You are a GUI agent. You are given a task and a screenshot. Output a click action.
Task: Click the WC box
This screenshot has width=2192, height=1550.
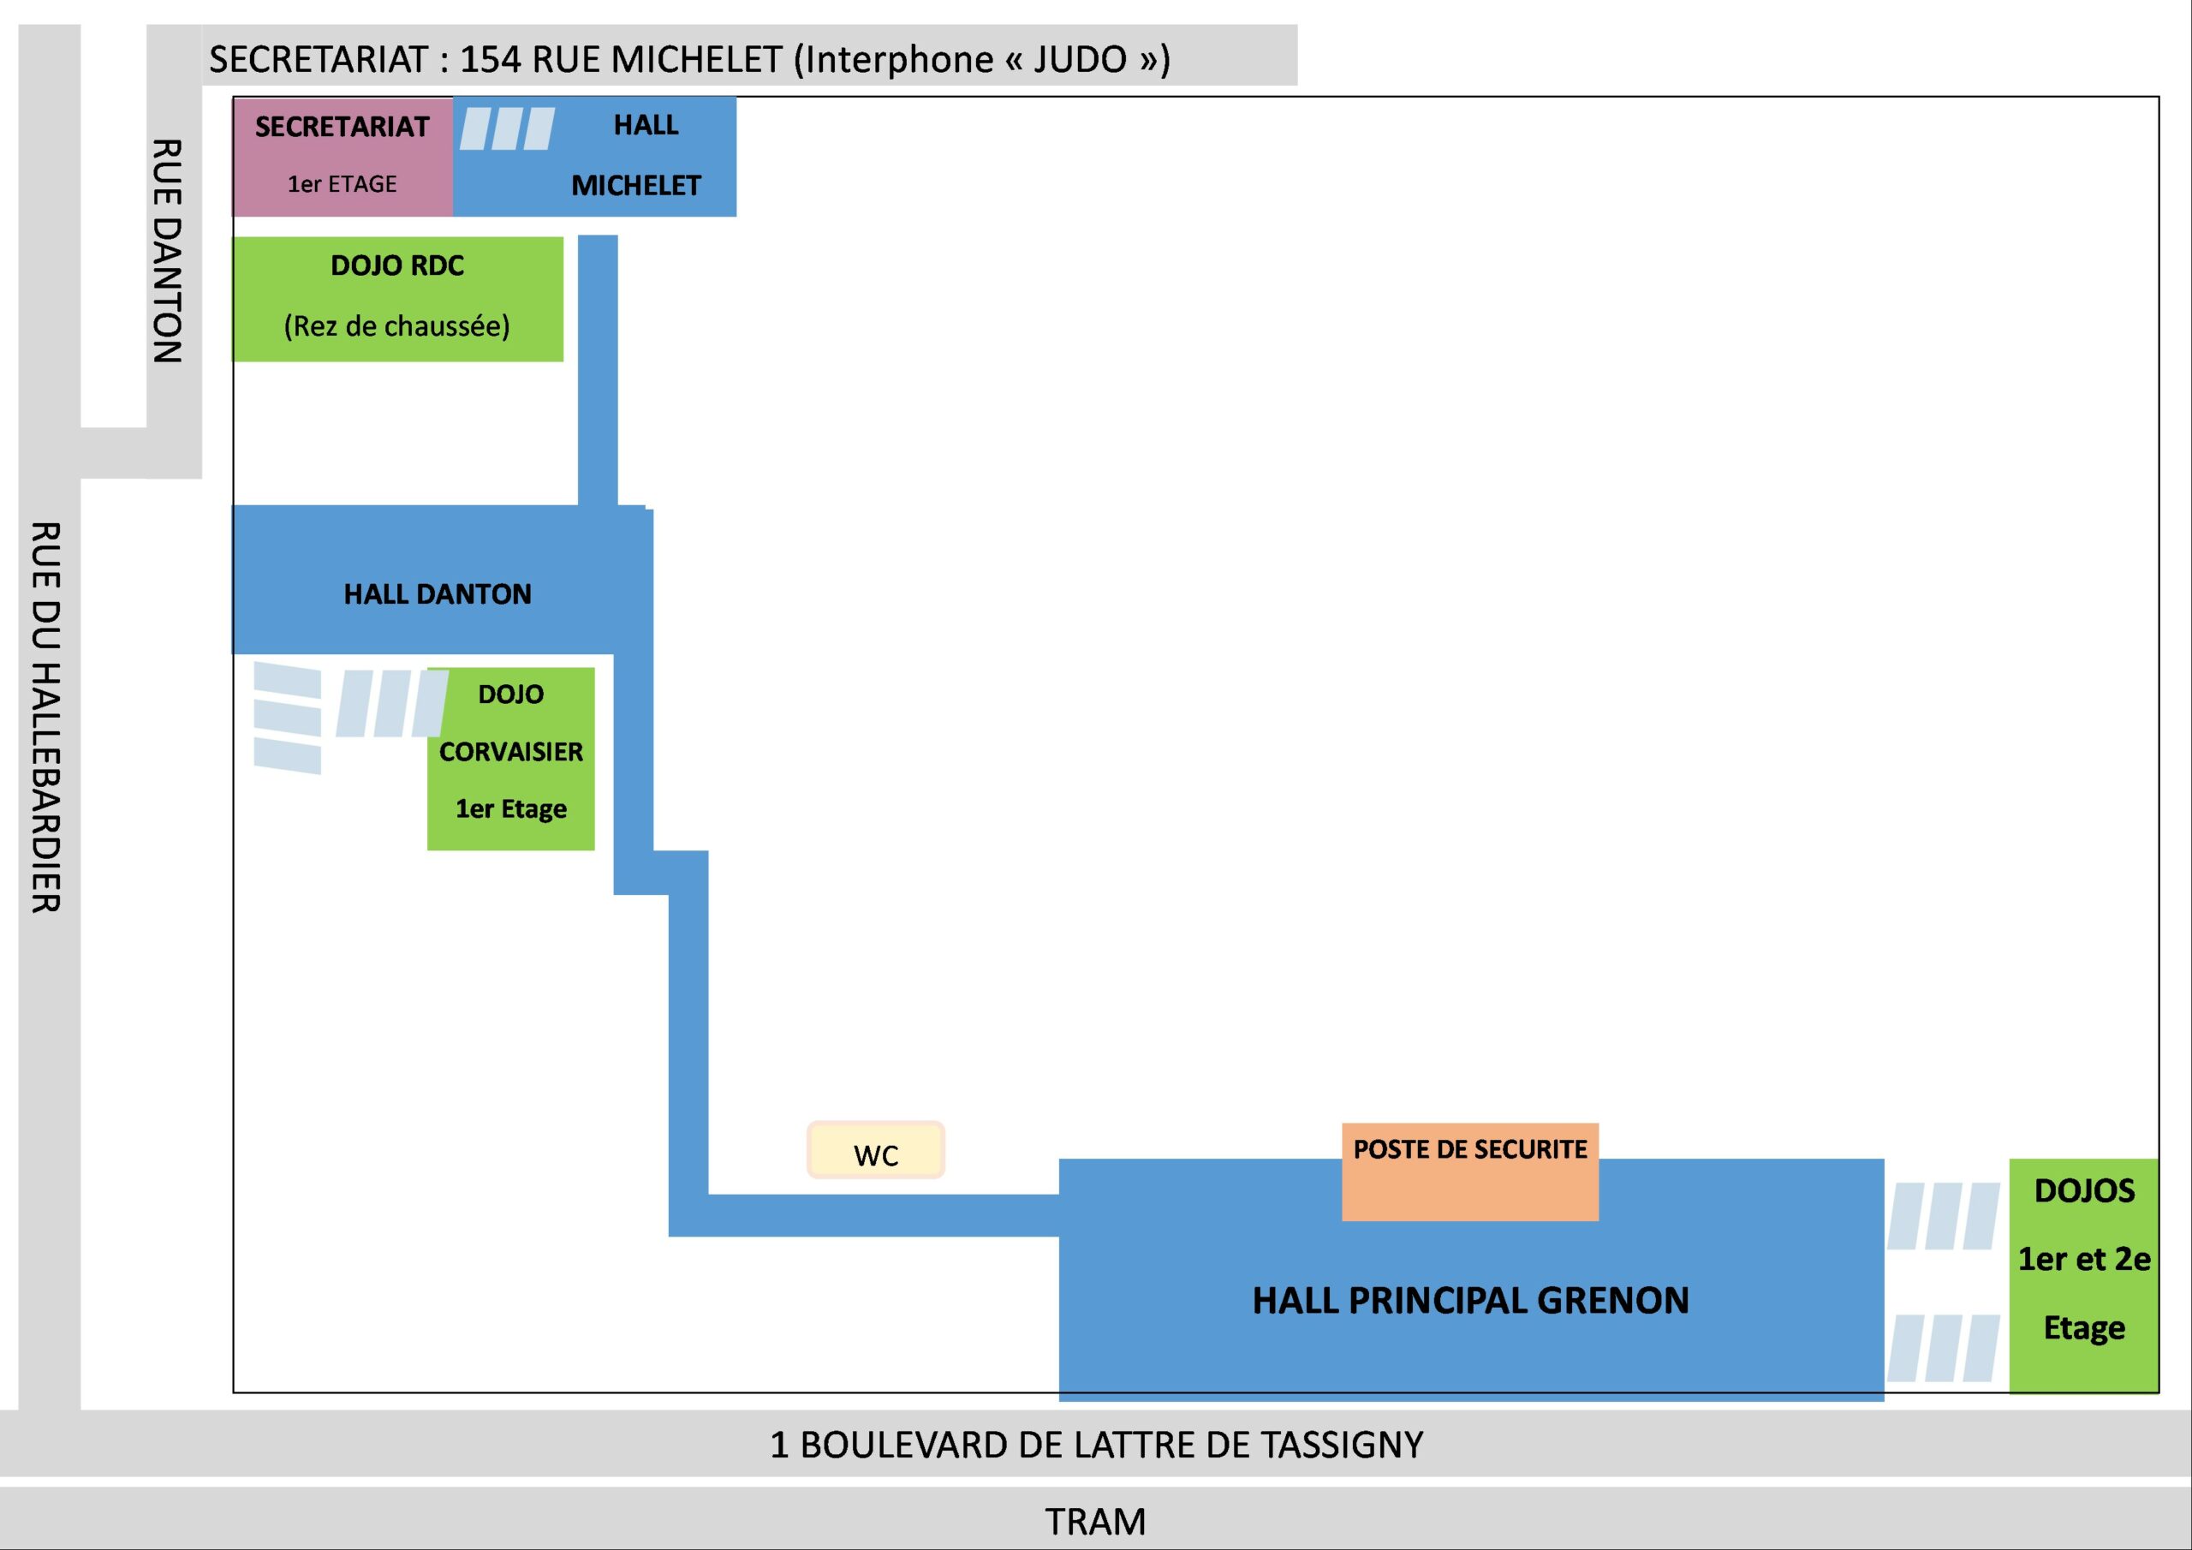coord(875,1150)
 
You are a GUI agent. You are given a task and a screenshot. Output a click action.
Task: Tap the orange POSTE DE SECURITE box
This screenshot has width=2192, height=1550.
coord(1469,1171)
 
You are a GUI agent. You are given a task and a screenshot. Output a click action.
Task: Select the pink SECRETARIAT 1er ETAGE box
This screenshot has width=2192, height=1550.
coord(342,157)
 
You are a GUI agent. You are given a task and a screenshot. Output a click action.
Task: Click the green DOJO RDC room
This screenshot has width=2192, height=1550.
coord(397,298)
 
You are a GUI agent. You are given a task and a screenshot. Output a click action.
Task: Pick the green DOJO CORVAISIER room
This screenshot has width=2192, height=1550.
coord(511,758)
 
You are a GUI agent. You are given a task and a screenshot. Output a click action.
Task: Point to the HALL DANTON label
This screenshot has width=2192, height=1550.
coord(438,594)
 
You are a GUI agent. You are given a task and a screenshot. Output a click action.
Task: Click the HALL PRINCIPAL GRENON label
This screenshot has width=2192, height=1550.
coord(1470,1301)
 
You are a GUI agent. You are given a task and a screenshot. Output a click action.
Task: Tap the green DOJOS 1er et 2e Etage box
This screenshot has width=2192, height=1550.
coord(2083,1274)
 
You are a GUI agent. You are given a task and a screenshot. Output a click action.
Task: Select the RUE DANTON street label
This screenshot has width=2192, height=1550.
coord(167,251)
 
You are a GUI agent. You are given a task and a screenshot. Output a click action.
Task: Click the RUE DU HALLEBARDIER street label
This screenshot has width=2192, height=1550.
coord(46,716)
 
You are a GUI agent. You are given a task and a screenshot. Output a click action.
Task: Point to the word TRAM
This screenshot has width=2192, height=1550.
coord(1095,1522)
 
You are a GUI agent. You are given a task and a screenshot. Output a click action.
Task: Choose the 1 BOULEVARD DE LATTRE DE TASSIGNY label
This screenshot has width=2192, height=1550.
coord(1096,1445)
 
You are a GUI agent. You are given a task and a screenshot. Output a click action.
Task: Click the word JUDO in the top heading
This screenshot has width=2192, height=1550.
coord(1080,59)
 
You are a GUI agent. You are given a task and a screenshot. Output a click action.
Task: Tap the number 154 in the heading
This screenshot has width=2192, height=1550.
coord(491,59)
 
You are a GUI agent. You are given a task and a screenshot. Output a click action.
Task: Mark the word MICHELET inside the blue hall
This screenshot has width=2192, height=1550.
coord(636,185)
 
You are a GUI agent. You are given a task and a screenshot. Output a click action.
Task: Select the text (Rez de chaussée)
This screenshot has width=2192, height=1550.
coord(396,326)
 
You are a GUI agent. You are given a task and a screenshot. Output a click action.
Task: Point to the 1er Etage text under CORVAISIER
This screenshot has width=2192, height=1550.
coord(511,809)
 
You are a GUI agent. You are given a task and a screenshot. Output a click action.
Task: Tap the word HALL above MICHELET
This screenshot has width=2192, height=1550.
coord(646,125)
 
